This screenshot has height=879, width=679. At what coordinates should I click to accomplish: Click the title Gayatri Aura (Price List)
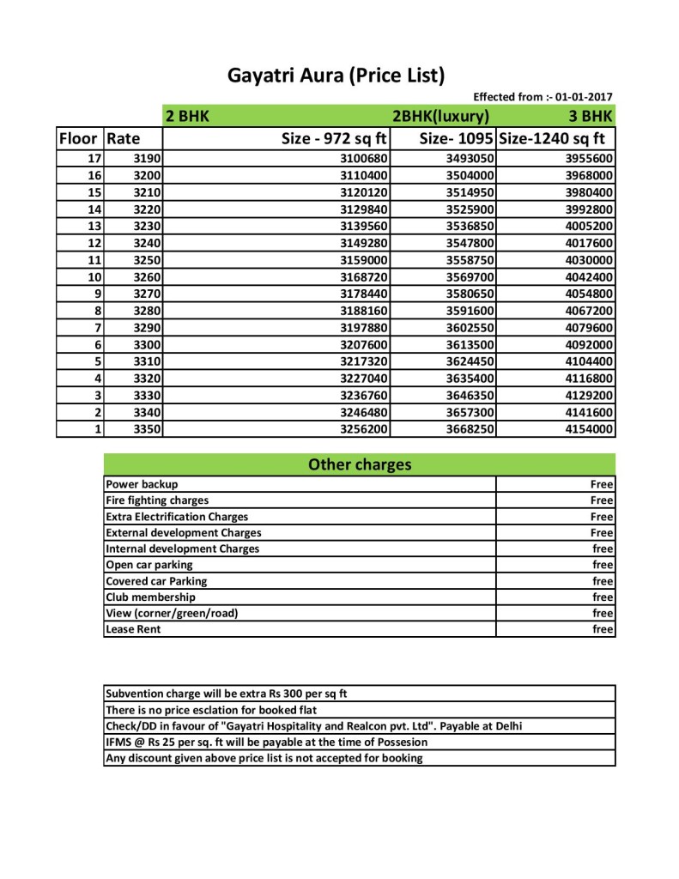336,76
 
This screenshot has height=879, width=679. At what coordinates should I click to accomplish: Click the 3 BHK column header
591,117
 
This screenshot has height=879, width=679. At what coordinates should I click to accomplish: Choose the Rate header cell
124,138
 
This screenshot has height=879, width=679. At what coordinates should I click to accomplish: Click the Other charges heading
359,465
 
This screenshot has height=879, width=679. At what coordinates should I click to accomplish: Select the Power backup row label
142,484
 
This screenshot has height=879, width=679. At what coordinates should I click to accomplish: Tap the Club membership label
150,597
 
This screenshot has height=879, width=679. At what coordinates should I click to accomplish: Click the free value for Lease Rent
603,629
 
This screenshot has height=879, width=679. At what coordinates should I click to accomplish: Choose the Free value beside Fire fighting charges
602,500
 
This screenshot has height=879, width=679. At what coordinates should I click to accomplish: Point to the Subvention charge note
225,694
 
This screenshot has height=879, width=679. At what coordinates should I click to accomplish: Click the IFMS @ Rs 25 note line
266,742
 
